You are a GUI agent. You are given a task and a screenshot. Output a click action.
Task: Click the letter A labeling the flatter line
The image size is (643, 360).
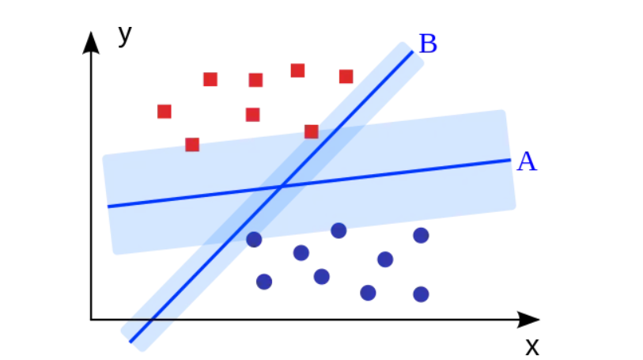click(527, 162)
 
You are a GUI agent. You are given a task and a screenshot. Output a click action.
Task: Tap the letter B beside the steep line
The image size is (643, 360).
click(428, 44)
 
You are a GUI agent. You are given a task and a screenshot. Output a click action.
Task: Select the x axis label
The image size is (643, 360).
click(532, 346)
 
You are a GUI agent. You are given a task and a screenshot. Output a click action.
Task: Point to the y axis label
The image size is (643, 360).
click(124, 35)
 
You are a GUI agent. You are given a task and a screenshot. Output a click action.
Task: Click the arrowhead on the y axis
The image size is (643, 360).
click(92, 41)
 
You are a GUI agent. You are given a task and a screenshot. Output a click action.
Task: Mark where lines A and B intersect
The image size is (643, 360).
click(281, 187)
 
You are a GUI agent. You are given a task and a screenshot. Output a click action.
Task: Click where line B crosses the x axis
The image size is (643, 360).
click(149, 320)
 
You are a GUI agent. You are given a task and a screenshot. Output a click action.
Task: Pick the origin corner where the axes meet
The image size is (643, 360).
click(92, 320)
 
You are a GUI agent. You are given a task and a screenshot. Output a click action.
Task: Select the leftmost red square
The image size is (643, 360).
click(165, 112)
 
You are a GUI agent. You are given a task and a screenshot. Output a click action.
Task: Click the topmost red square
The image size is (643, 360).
click(297, 70)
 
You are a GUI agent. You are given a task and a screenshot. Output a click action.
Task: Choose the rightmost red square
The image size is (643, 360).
click(346, 76)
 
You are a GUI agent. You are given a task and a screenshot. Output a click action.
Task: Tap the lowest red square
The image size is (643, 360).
click(192, 144)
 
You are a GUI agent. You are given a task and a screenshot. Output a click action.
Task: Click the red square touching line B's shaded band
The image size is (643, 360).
click(312, 131)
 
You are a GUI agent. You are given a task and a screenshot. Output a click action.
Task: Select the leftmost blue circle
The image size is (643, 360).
click(254, 240)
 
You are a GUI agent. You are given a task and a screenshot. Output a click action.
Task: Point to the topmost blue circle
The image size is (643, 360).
click(339, 230)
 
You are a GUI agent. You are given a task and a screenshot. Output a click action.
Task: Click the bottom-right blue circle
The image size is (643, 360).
click(421, 294)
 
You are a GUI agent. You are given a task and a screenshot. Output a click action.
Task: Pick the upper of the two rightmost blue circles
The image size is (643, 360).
click(421, 235)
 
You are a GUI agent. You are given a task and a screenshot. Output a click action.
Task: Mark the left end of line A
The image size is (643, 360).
click(109, 207)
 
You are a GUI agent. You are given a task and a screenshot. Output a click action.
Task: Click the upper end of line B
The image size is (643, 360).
click(411, 52)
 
